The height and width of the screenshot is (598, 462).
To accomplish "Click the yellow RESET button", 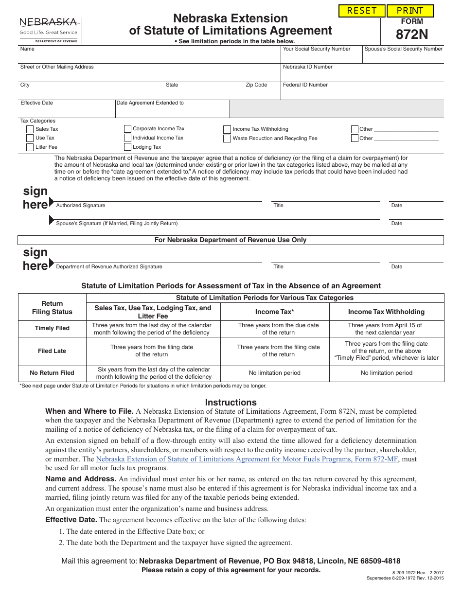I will click(x=362, y=11).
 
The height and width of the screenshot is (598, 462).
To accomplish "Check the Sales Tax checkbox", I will click(x=30, y=129).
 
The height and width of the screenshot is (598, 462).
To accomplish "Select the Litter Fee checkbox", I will click(x=30, y=147).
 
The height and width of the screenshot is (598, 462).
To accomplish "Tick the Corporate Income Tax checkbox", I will click(x=127, y=129).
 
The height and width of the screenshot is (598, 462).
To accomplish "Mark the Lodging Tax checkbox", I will click(x=127, y=147).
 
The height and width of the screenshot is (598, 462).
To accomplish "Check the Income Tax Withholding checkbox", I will click(x=227, y=129).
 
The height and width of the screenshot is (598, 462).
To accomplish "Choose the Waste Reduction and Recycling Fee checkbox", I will click(x=227, y=139).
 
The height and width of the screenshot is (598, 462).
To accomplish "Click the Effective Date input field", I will click(x=67, y=111).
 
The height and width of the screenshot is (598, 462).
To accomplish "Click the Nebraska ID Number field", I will click(x=362, y=75).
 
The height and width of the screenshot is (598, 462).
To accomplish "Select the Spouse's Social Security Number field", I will click(x=403, y=57).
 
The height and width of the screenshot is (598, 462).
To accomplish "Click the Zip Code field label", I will click(x=256, y=85).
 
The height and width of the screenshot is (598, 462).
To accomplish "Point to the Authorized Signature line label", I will click(x=81, y=206).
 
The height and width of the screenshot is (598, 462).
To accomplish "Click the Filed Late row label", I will click(x=52, y=351).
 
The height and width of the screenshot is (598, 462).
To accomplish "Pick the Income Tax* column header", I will click(x=275, y=312).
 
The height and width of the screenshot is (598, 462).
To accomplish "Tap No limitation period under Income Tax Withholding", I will click(x=386, y=373).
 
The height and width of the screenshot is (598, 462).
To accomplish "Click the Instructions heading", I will click(x=231, y=403).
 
